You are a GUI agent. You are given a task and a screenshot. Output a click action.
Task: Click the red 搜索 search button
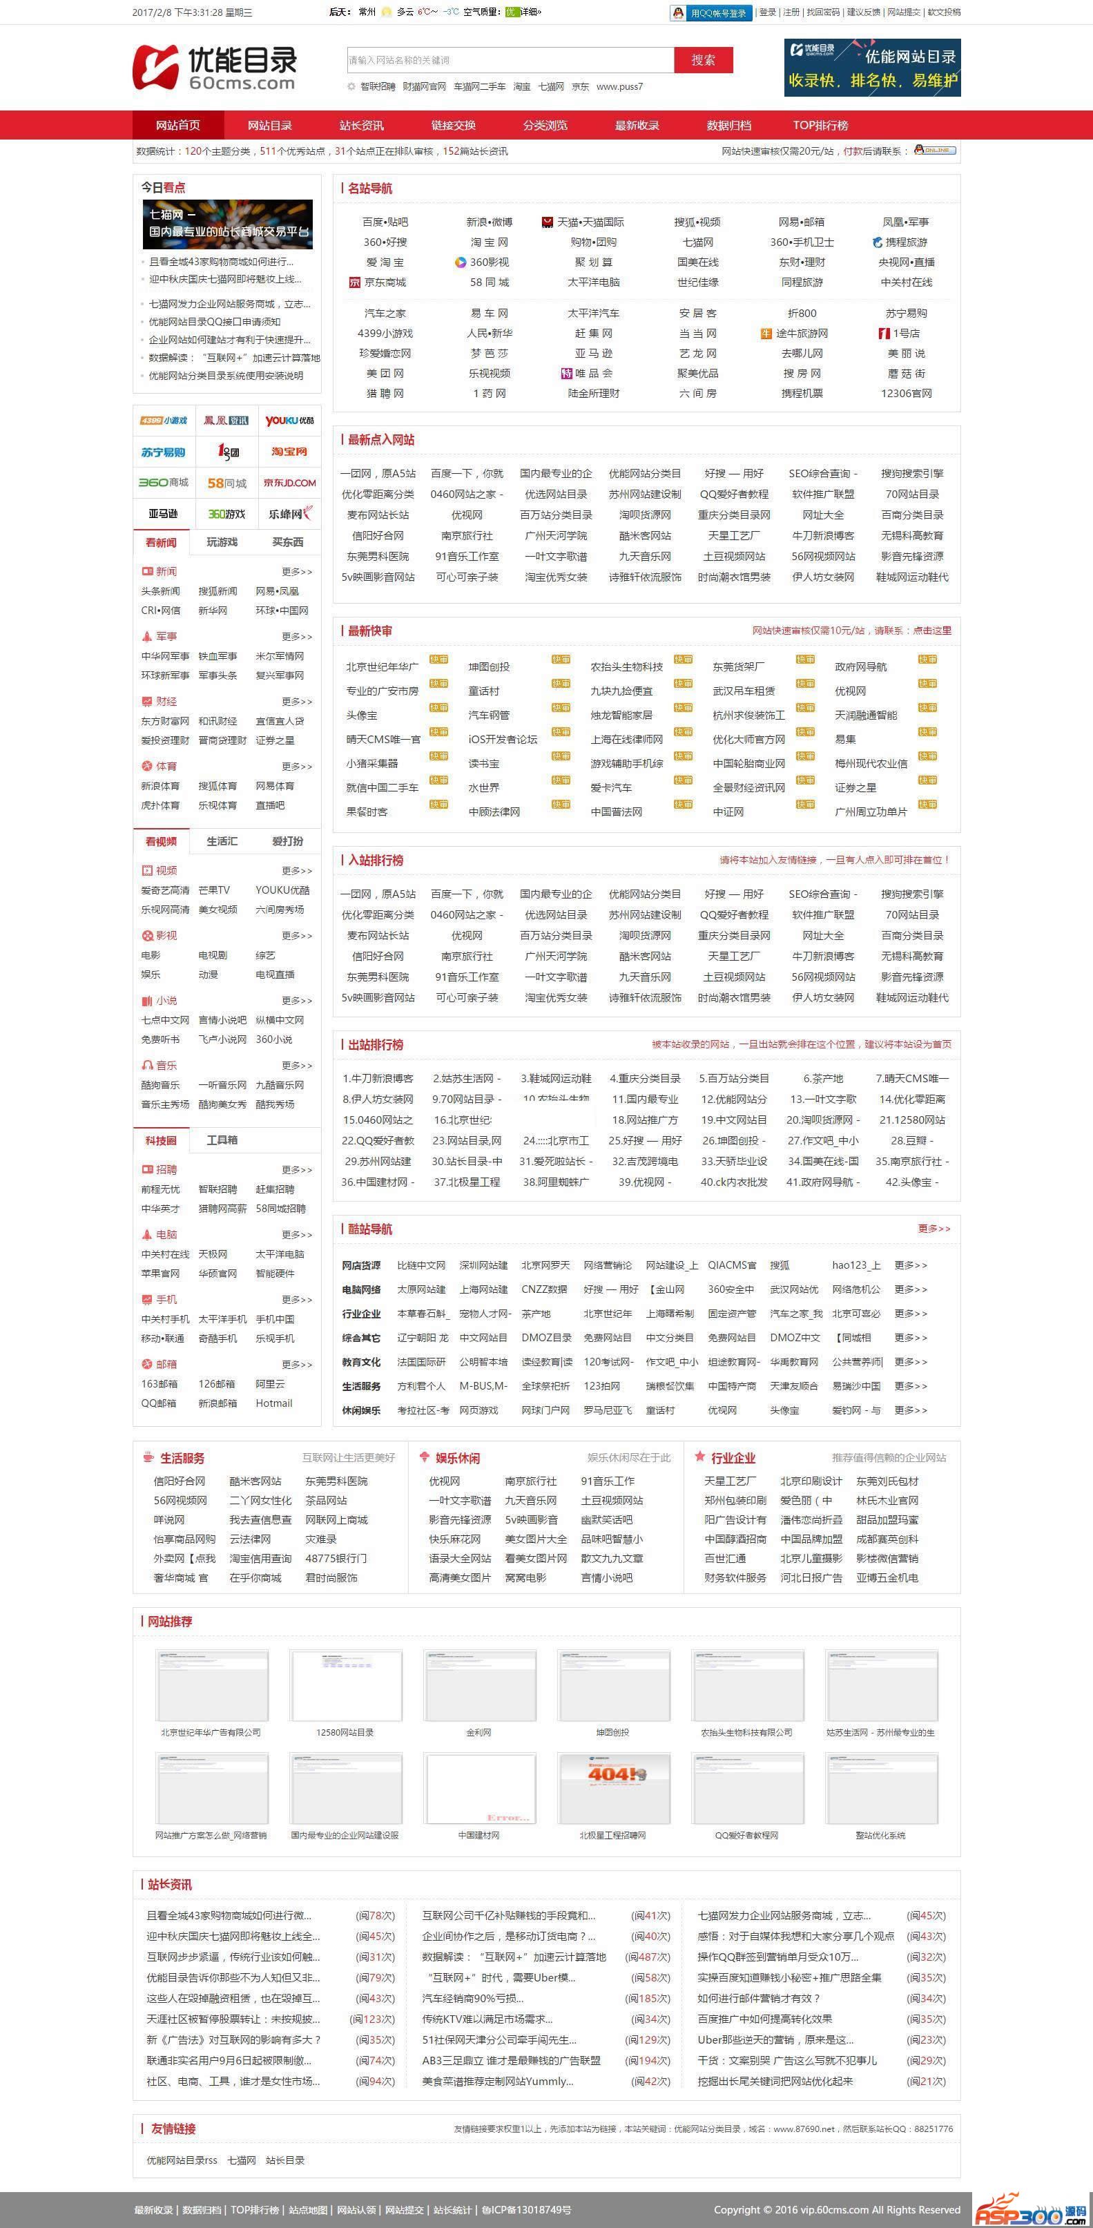(703, 59)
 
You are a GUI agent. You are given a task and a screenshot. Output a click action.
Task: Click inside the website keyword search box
(510, 59)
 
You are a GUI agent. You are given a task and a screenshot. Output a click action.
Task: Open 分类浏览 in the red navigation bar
(545, 126)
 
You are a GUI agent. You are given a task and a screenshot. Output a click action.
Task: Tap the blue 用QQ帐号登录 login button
(710, 13)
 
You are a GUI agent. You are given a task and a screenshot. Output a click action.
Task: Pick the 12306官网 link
(905, 394)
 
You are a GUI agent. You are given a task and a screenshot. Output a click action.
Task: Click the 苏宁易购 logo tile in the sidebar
(164, 452)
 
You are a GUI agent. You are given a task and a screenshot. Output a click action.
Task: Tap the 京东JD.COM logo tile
(290, 483)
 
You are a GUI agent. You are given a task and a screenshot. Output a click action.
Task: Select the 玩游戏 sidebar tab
(222, 542)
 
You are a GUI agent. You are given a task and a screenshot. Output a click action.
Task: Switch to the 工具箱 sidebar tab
(222, 1140)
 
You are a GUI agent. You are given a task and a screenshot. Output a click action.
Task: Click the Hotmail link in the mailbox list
(274, 1403)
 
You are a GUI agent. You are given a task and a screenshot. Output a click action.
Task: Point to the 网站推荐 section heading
(169, 1622)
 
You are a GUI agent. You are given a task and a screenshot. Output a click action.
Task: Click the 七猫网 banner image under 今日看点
(227, 224)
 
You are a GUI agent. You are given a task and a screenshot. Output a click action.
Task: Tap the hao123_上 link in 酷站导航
(856, 1265)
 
